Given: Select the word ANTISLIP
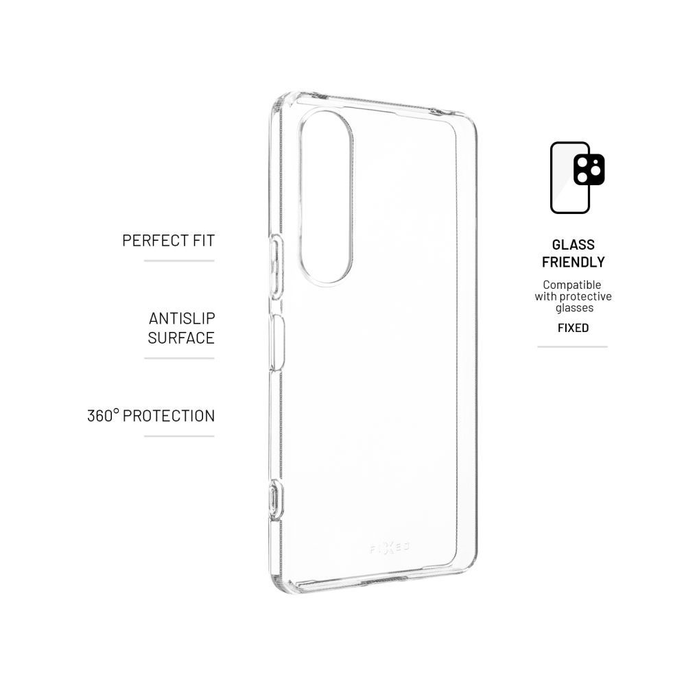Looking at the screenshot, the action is [x=182, y=318].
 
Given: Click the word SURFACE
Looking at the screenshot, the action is [x=181, y=338].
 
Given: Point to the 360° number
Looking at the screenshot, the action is [x=103, y=416].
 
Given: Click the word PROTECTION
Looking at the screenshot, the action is [x=169, y=416].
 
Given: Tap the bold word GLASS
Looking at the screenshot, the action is [x=573, y=245].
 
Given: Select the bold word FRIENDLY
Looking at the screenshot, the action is [x=573, y=262].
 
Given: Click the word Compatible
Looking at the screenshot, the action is [x=572, y=285].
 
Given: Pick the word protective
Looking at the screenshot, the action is [x=585, y=296].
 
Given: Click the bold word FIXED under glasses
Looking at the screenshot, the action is [x=573, y=328].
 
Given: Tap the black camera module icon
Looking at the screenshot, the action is [x=589, y=169].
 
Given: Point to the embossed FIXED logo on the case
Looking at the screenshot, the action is [x=390, y=547].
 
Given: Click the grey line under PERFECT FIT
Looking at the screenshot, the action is [x=179, y=261].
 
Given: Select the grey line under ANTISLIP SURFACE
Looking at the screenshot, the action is [x=179, y=358].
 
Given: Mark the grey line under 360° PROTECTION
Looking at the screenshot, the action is [x=179, y=436].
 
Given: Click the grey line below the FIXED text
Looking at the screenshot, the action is [x=572, y=347].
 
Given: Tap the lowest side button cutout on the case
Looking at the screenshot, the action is [x=275, y=499].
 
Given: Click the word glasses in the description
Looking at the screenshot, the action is [x=574, y=308].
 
